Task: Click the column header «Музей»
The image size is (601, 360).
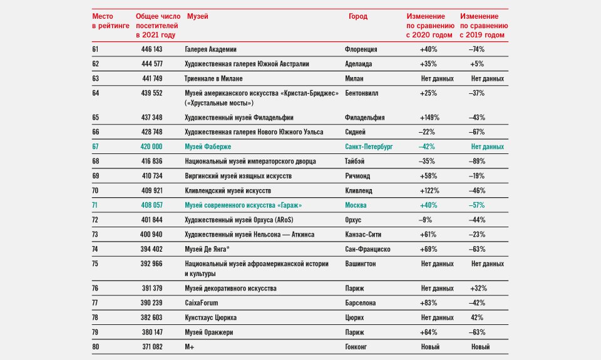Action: [x=198, y=16]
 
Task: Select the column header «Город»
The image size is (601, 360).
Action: [x=358, y=16]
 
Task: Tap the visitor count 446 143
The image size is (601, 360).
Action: [x=152, y=49]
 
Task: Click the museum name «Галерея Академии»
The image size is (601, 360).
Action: [x=210, y=49]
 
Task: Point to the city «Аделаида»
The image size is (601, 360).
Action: [x=358, y=64]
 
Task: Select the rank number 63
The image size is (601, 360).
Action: [x=95, y=79]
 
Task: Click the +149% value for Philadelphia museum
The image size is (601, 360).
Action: [x=429, y=118]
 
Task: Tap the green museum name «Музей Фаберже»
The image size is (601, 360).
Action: [x=208, y=147]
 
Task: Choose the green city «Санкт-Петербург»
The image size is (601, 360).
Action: [x=369, y=147]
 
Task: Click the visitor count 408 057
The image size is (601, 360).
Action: [x=152, y=205]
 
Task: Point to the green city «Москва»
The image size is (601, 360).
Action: [x=356, y=205]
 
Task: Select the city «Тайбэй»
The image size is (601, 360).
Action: [x=354, y=162]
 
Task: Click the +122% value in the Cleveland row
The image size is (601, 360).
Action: [x=429, y=190]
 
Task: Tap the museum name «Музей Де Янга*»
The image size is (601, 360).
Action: [x=207, y=249]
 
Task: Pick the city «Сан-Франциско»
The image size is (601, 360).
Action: [x=367, y=249]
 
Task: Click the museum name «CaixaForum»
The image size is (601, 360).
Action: [x=201, y=303]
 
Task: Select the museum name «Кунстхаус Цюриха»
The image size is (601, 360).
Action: [x=210, y=317]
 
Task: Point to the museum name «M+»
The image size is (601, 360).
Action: [x=189, y=347]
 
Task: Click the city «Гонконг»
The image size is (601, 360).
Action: [x=356, y=347]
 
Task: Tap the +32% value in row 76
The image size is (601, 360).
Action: [x=478, y=288]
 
